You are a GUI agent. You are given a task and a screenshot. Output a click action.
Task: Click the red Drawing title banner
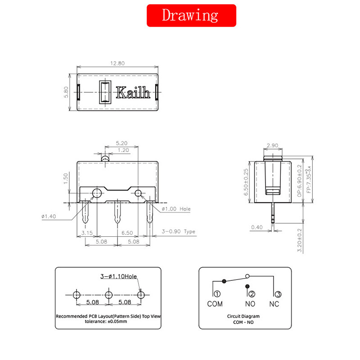(191, 15)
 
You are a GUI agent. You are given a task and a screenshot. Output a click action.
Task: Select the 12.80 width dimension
(117, 63)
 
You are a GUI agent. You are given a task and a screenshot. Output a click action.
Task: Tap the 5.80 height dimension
(66, 92)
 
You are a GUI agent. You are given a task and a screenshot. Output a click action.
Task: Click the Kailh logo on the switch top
(133, 93)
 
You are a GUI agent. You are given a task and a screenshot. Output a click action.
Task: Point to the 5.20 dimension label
(121, 143)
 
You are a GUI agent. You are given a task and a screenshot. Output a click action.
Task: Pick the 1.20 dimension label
(123, 150)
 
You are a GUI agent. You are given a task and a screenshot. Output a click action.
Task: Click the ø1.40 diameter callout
(49, 216)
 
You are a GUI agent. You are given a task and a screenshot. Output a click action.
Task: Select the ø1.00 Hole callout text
(176, 209)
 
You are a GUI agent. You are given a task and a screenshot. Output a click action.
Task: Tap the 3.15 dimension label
(87, 233)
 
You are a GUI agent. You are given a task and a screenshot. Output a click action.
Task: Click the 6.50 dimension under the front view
(127, 233)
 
